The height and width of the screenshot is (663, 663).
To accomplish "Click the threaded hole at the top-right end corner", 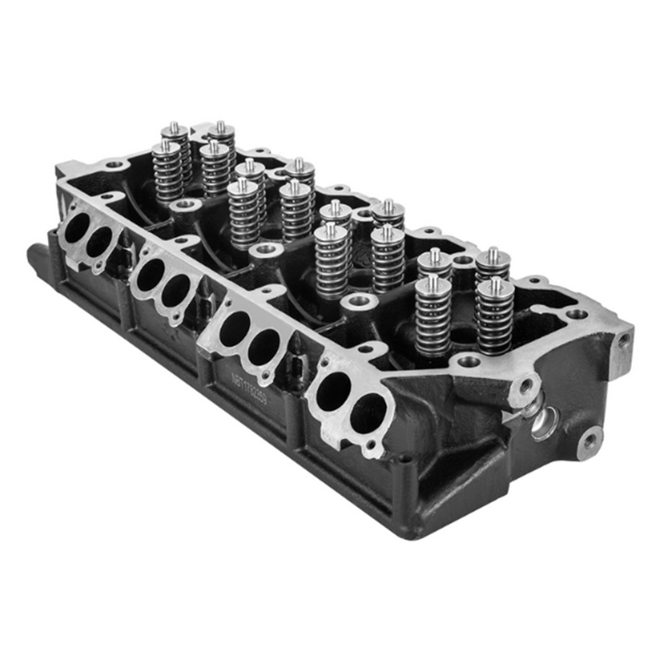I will (x=624, y=338).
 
